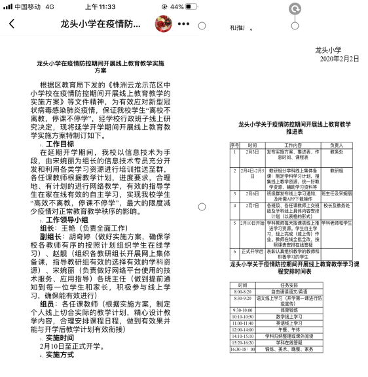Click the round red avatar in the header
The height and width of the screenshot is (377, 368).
[x=162, y=24]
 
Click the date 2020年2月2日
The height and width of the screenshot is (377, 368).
[x=340, y=59]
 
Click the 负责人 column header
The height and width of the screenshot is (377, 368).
[x=336, y=144]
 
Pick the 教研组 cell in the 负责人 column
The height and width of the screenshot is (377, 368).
[x=336, y=170]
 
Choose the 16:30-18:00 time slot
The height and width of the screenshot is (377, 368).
[x=242, y=349]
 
